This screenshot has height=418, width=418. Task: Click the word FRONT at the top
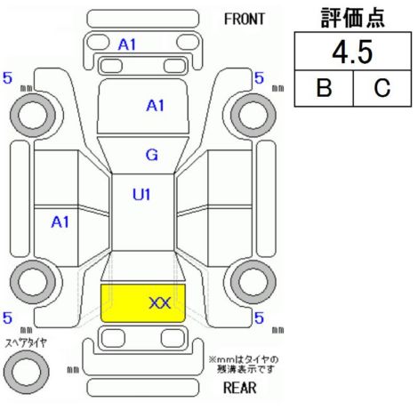coord(244,20)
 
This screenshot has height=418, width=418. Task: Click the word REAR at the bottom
coord(239,388)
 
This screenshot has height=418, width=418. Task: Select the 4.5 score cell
coord(353,52)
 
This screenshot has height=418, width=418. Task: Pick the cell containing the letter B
coord(324,88)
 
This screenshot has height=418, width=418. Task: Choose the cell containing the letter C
coord(382,88)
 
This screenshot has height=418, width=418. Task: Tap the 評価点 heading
coord(353,18)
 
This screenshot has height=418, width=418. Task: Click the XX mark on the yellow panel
coord(160,303)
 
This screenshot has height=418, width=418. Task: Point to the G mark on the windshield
coord(152,155)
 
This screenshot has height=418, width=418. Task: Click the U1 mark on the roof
coord(141,195)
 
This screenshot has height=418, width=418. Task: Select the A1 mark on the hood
coord(156,106)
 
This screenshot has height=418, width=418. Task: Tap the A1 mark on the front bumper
coord(127,45)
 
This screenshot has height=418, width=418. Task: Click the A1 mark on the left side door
coord(60,221)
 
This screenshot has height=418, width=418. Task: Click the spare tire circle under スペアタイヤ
coord(27,372)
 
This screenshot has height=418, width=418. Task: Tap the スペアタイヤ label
coord(26,343)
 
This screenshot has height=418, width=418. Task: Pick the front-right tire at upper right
coord(253,115)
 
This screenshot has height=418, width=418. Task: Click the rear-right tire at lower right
coord(253,282)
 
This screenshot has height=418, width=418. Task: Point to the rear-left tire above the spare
coord(33,282)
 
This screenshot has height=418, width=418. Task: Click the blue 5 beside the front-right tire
coord(259,78)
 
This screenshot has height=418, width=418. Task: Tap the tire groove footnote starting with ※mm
coord(244,365)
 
